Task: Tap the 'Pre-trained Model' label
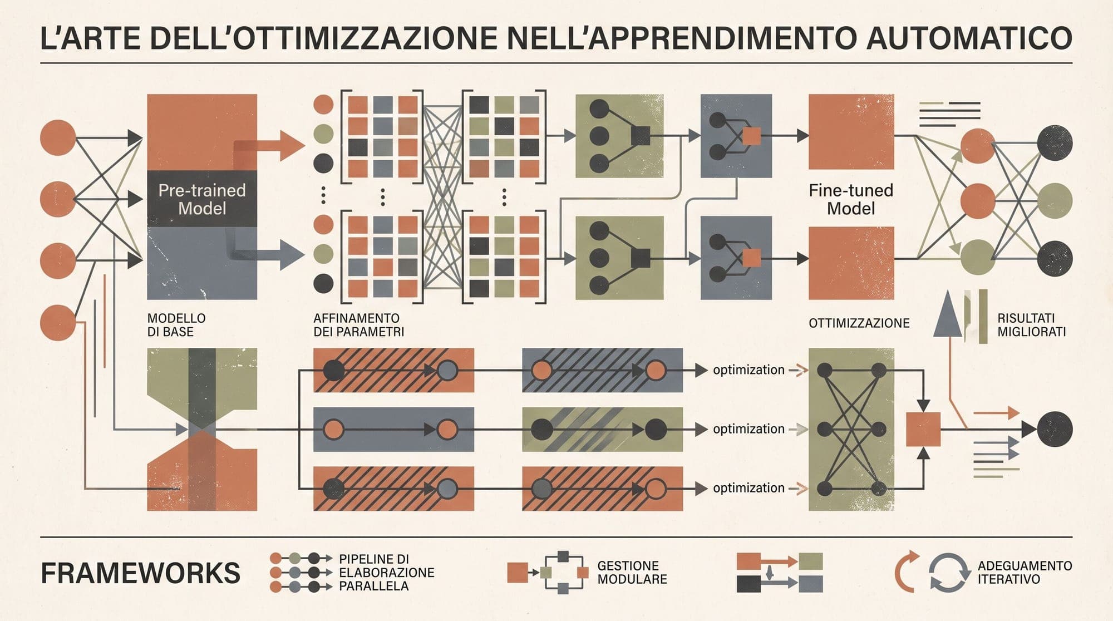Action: (x=202, y=199)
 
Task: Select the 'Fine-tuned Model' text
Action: (x=851, y=199)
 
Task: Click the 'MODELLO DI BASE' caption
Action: (x=176, y=325)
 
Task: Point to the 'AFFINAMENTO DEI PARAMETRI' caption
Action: (x=359, y=325)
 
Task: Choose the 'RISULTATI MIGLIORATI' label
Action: (x=1031, y=325)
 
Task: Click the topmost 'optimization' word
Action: (x=748, y=370)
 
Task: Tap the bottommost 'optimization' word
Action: (x=748, y=488)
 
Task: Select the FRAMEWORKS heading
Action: (x=140, y=573)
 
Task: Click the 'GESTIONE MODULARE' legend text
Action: (x=632, y=573)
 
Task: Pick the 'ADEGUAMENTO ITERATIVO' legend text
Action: (x=1025, y=573)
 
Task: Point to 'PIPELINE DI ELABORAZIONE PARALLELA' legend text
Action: (x=386, y=573)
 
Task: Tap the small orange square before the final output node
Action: (x=923, y=429)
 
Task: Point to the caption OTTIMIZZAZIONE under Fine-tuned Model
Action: (x=859, y=323)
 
